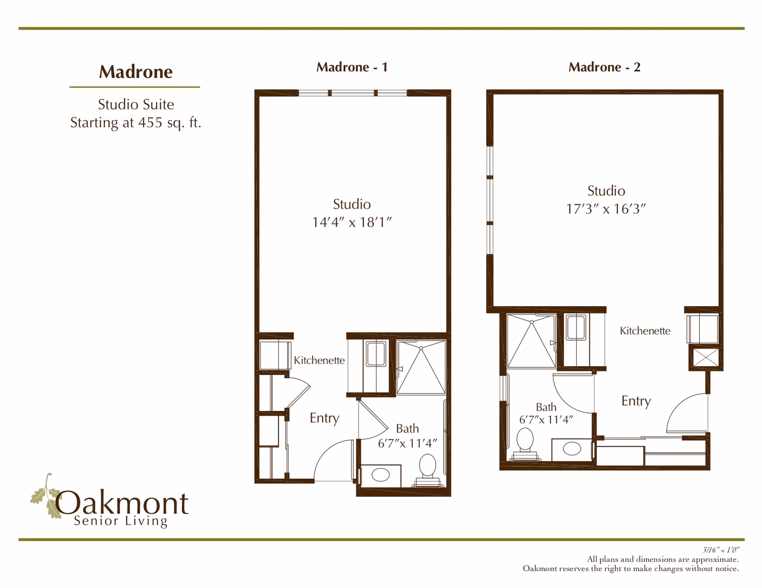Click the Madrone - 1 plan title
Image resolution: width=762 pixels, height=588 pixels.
click(352, 67)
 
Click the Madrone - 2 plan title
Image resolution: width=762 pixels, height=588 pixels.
click(604, 67)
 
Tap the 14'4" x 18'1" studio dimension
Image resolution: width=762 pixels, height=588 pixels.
click(351, 222)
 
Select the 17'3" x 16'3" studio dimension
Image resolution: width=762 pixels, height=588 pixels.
click(605, 209)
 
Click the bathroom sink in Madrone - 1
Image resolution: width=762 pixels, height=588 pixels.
click(381, 475)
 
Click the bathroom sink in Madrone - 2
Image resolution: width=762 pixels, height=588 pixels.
click(572, 448)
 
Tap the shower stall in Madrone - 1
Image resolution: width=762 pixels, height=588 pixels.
click(421, 367)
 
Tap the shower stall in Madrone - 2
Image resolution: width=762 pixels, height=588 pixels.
click(531, 341)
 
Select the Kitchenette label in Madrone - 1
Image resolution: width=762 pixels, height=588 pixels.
click(319, 360)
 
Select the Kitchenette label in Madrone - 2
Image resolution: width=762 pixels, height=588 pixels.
click(645, 331)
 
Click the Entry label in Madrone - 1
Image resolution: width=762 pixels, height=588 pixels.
click(324, 418)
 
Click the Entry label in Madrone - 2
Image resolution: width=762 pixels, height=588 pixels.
click(636, 401)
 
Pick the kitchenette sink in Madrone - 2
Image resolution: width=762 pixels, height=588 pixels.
click(576, 327)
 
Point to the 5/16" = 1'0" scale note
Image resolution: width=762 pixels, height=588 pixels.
click(721, 550)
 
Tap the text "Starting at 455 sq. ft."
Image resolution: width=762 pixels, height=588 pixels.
click(136, 123)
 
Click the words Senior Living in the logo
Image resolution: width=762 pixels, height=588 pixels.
click(121, 521)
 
